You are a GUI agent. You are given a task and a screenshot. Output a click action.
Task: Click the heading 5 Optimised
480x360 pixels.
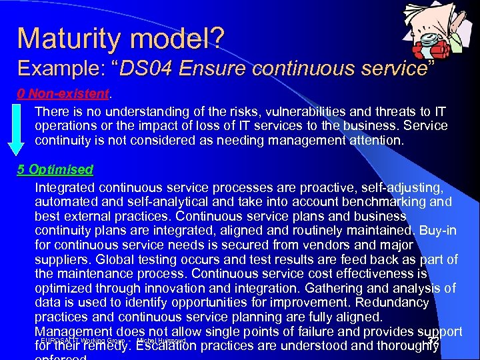[x=55, y=169]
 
